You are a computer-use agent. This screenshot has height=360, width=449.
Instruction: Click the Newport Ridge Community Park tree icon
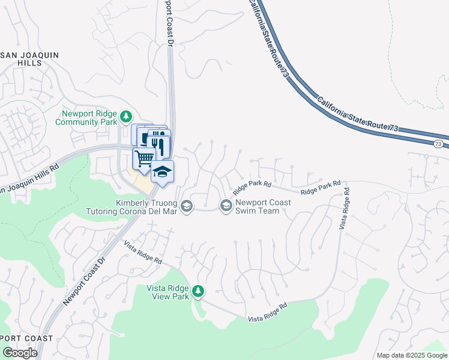click(126, 116)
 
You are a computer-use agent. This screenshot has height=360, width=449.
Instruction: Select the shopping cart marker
click(143, 160)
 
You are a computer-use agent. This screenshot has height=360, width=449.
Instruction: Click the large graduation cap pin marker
click(161, 172)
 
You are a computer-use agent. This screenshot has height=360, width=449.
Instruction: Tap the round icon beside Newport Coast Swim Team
click(226, 206)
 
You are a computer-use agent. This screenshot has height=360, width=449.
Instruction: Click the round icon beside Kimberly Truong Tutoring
click(187, 206)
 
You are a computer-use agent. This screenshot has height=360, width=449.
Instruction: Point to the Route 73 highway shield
click(439, 144)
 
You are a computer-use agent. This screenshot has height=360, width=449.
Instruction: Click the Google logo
click(20, 353)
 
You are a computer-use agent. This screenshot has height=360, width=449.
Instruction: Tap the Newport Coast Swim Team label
click(263, 206)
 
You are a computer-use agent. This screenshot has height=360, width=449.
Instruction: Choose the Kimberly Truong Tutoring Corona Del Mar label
click(147, 206)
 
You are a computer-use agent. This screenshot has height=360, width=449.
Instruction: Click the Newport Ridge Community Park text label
click(86, 118)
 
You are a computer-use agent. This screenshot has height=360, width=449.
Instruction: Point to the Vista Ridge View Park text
click(167, 292)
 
